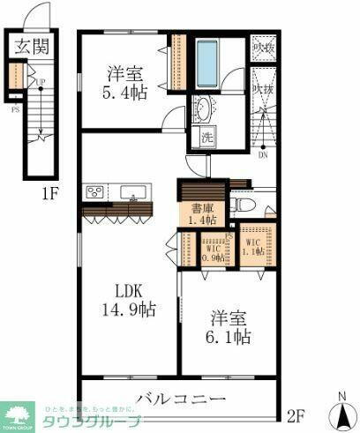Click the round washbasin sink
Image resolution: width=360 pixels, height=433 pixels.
click(x=204, y=110)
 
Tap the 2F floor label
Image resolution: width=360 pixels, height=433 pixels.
click(x=297, y=413)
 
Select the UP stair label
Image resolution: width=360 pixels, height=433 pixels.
click(x=41, y=84)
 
